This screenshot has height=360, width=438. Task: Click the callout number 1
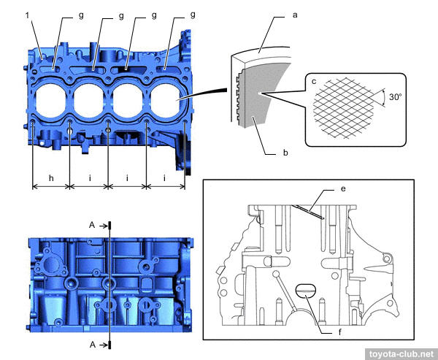(28, 14)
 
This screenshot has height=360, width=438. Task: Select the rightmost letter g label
(193, 14)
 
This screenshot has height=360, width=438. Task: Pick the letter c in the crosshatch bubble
(313, 82)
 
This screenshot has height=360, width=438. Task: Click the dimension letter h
(51, 178)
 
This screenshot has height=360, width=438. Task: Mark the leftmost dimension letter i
(89, 178)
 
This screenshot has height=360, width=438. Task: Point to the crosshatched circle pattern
(343, 108)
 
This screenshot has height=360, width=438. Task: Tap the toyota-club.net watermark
(400, 353)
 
